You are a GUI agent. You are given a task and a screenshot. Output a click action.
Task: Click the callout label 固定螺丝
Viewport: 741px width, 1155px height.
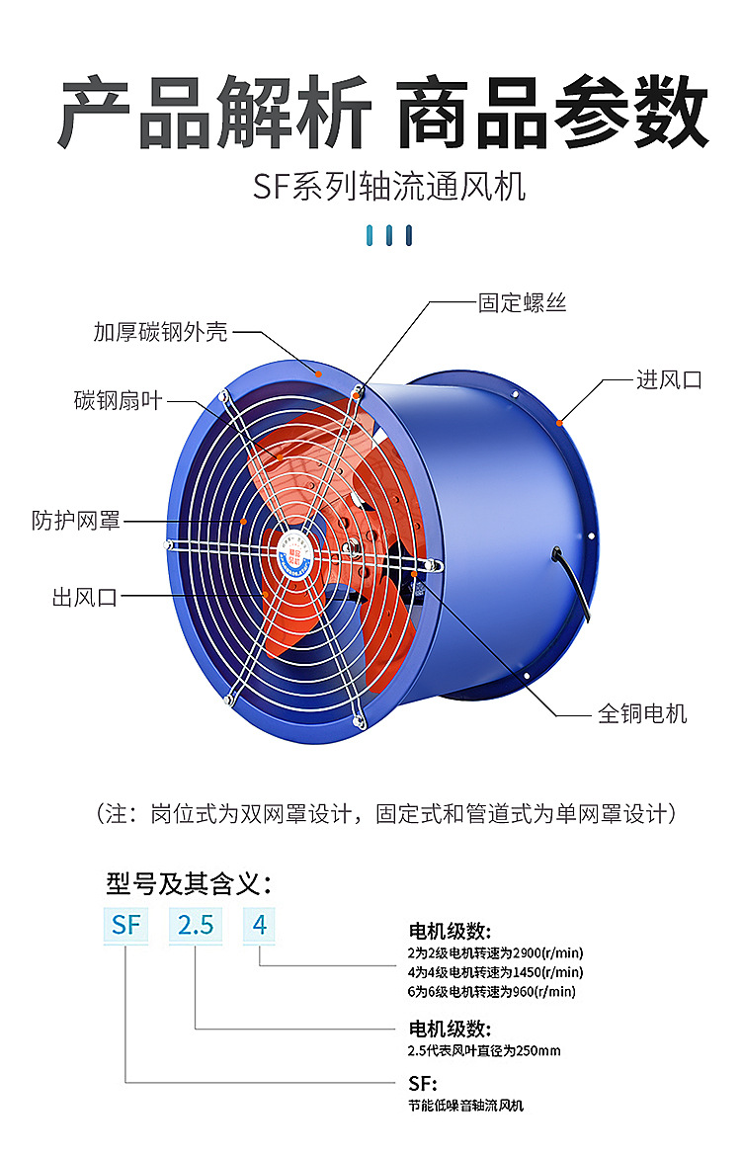523,302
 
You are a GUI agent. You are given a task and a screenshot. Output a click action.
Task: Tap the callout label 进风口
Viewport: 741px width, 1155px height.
669,379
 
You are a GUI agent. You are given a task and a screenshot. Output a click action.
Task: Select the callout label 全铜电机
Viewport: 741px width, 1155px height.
642,712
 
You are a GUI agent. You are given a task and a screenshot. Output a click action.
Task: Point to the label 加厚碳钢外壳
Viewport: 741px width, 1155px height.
160,332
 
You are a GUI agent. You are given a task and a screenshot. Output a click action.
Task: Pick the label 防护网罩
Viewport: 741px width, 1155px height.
76,520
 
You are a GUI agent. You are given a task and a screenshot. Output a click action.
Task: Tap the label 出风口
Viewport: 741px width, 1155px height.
85,596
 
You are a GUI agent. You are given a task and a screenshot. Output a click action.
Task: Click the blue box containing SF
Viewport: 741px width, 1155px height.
126,926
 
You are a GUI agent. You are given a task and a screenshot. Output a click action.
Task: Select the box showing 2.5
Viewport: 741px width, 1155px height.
196,926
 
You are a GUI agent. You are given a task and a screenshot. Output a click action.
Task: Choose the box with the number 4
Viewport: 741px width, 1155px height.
260,926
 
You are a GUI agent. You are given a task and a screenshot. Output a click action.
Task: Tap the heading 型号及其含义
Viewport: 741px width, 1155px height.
188,882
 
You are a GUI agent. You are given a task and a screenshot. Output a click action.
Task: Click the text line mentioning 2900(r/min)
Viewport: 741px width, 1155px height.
495,953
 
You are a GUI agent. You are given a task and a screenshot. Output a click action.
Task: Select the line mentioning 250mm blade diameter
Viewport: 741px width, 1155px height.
484,1050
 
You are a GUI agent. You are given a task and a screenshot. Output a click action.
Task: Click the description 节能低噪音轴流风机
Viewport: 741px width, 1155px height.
465,1105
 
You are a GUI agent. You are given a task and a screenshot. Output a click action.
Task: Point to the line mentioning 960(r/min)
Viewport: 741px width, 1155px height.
491,991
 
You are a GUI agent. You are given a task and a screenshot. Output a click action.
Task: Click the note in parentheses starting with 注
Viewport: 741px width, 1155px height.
386,814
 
